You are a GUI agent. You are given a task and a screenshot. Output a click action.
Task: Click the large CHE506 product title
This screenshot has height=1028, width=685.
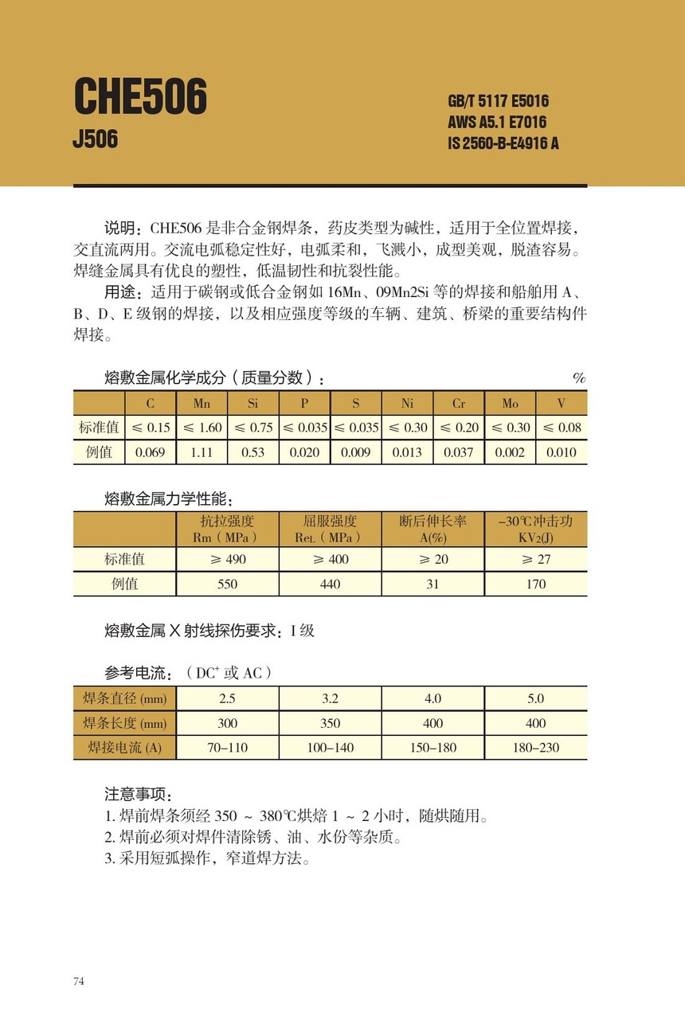coord(140,97)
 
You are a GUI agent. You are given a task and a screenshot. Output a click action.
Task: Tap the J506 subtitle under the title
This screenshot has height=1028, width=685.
coord(95,139)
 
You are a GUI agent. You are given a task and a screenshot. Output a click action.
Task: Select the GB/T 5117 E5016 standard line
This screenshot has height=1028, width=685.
coord(498,102)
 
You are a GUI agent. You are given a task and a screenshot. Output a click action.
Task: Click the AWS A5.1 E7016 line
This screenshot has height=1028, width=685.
coord(497,123)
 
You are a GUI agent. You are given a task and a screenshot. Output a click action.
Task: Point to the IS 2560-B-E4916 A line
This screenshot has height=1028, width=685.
coord(503,143)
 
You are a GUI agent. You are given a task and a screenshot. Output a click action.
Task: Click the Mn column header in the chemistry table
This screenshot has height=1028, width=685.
coord(202,403)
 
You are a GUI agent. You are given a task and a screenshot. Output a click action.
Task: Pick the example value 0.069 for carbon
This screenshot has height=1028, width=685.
coord(151,452)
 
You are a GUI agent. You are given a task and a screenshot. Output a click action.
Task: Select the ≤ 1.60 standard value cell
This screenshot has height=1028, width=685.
coord(202,428)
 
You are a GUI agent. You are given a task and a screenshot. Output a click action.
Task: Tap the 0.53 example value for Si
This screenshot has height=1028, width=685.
coord(252,452)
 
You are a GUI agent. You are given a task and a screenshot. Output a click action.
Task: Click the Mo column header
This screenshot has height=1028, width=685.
coord(510,403)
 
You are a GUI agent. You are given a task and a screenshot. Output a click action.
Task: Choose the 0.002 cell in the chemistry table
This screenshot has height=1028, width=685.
coord(510,452)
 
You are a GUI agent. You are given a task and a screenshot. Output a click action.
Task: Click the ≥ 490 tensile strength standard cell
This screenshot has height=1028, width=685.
coord(228,559)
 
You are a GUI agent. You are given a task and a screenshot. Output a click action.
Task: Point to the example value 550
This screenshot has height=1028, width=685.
coord(228,584)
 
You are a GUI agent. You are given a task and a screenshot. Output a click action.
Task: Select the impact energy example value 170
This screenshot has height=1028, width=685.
coord(536,584)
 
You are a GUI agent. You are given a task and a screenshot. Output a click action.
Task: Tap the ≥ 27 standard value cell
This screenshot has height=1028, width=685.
coord(536,559)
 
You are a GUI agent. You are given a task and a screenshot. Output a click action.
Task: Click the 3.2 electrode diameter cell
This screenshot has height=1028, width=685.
coord(330,698)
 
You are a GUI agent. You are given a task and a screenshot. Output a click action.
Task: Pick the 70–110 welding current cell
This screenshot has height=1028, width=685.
coord(228,748)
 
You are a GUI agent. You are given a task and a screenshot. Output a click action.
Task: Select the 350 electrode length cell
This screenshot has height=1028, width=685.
coord(330,723)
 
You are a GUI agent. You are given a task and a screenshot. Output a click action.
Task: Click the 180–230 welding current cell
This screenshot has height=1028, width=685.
coord(536,748)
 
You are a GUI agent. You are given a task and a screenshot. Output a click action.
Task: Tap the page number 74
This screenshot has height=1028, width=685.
coord(79,981)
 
